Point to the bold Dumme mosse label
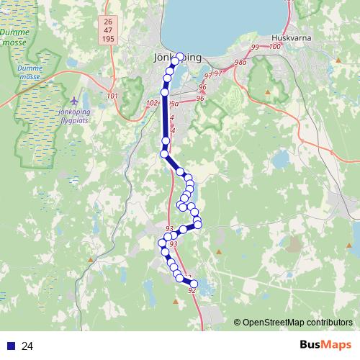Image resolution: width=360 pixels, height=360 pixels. click(x=14, y=37)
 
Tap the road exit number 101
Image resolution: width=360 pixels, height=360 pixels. click(x=112, y=95)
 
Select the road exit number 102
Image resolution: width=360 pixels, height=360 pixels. click(x=151, y=104)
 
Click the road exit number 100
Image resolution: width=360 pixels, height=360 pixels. click(x=274, y=47)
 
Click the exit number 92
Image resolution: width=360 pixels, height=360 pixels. click(x=191, y=291)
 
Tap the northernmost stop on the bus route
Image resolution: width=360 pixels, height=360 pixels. click(x=180, y=57)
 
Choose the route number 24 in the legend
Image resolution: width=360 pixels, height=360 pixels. click(x=27, y=346)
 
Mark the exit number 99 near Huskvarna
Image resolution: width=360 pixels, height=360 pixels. click(x=255, y=48)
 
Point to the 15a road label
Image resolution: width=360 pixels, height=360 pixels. click(x=174, y=104)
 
